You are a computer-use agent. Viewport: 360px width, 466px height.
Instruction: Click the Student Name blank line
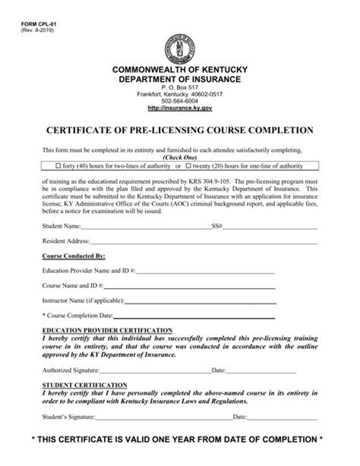tap(144, 227)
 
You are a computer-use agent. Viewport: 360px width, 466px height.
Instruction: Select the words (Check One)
tap(180, 157)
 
